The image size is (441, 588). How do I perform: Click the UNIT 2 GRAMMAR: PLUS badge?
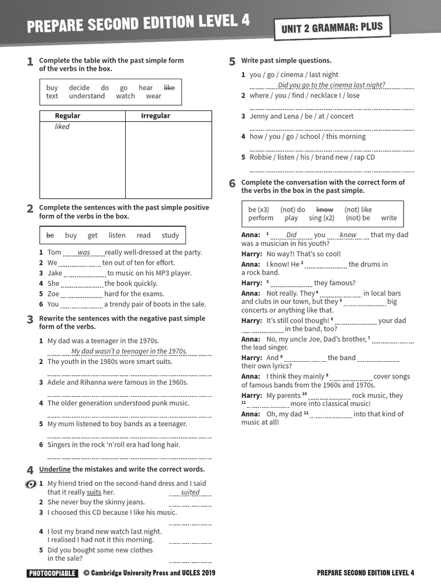(x=331, y=28)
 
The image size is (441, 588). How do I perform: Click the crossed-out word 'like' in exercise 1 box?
(x=169, y=88)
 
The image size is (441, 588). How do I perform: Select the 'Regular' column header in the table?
(x=67, y=116)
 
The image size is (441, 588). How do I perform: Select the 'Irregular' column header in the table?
(x=156, y=116)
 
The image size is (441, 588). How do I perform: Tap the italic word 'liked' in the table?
(x=62, y=127)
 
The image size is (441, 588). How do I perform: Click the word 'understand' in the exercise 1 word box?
(x=87, y=96)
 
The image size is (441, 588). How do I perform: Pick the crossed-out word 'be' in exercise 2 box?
(x=50, y=235)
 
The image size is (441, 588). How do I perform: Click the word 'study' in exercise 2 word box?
(x=170, y=235)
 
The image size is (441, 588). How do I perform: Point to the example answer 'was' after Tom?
(x=84, y=253)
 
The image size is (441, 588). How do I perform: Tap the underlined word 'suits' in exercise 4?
(x=94, y=492)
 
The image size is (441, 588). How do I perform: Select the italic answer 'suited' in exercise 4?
(x=190, y=492)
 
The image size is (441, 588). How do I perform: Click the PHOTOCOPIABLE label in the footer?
(x=52, y=572)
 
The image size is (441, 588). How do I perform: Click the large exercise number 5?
(x=232, y=62)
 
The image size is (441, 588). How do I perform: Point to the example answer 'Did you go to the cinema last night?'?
(x=331, y=85)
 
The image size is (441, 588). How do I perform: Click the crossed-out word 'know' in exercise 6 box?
(x=324, y=210)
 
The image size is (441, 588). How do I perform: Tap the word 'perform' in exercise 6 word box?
(x=261, y=218)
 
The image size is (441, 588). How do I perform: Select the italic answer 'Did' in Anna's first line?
(x=292, y=235)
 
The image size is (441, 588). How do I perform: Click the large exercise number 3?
(x=30, y=320)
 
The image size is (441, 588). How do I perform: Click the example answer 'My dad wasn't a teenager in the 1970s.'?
(x=129, y=351)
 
